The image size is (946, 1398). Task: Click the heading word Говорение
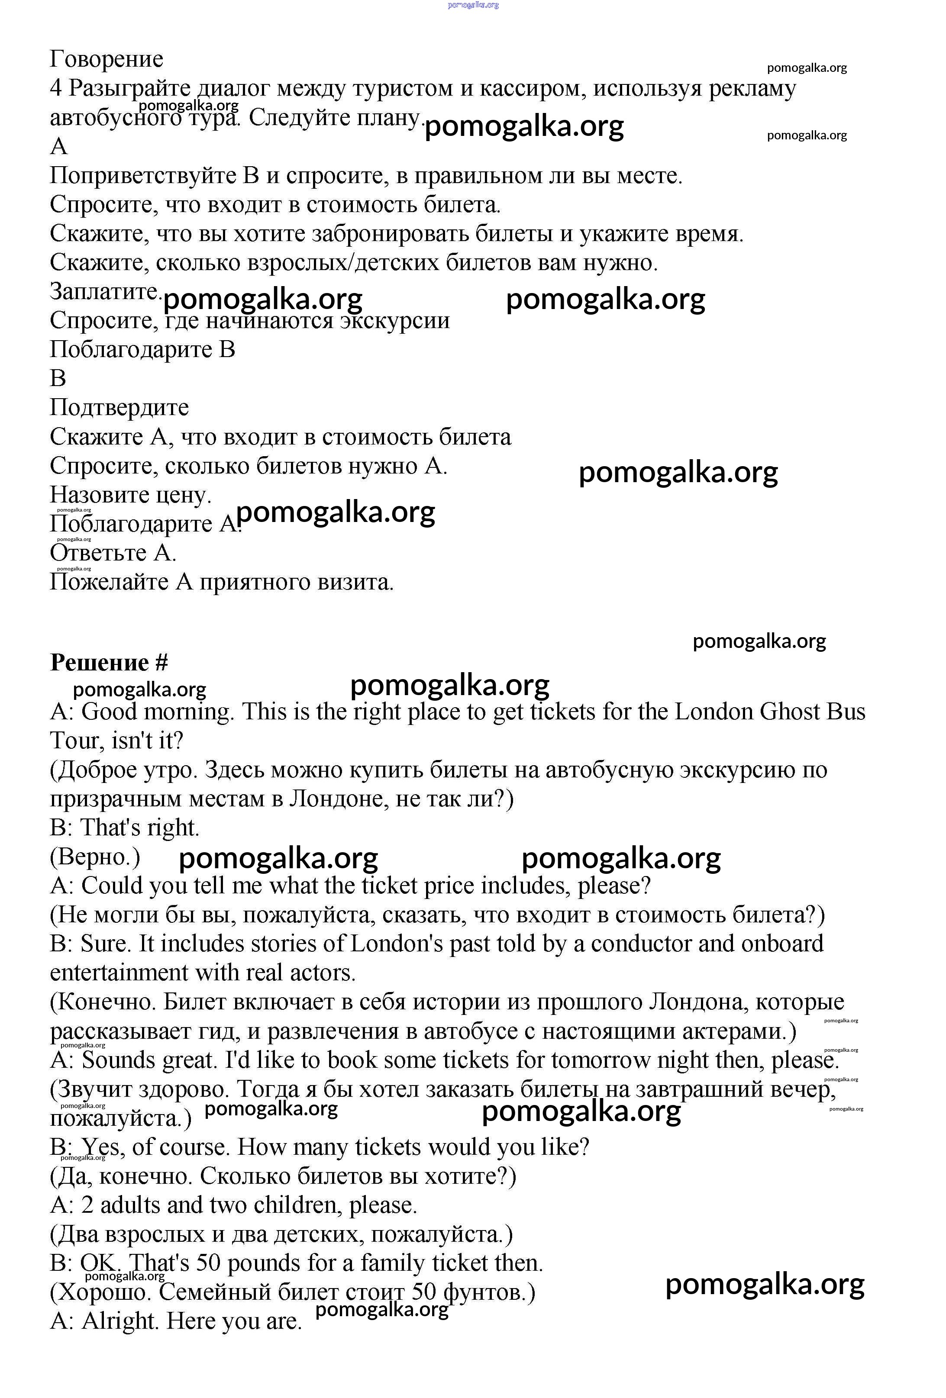107,59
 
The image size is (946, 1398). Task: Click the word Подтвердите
119,407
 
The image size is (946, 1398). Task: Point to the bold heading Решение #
109,662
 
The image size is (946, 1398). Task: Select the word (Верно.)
95,857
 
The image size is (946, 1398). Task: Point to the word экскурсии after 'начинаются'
395,320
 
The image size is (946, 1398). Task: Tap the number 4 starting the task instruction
56,88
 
